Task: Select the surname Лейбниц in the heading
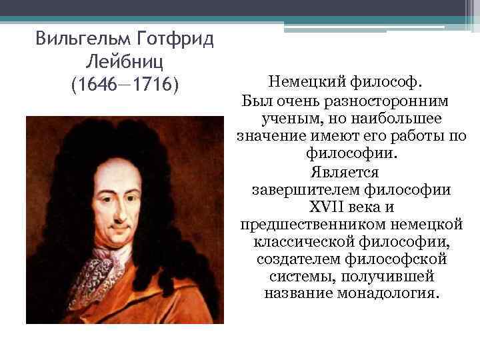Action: point(125,62)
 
